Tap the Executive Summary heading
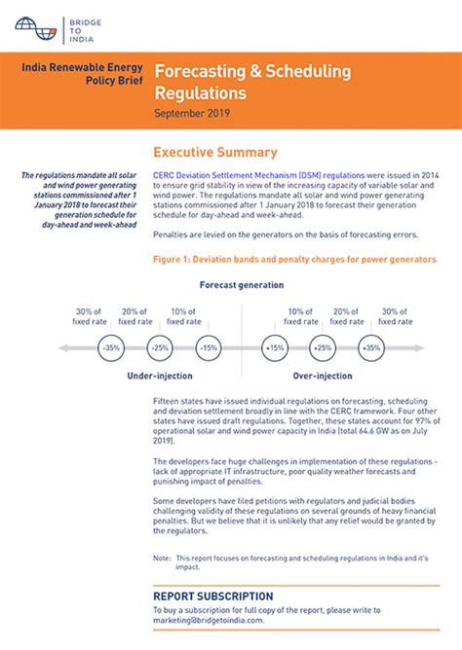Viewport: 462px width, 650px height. pos(215,153)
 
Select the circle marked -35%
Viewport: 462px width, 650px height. pos(111,347)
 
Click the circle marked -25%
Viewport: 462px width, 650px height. pos(160,347)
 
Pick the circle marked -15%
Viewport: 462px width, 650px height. pos(208,347)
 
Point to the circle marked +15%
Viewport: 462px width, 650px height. pos(275,347)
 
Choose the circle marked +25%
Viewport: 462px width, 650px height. pos(323,347)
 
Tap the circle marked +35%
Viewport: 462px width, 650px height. pos(370,347)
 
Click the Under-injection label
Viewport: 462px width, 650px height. pos(160,375)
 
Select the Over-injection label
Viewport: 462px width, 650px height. pos(323,375)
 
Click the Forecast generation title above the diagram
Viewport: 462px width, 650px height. pos(242,285)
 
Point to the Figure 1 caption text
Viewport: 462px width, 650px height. pos(292,260)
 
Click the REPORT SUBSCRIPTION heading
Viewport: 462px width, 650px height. pos(212,596)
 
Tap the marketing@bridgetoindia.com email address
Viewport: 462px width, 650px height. pos(208,620)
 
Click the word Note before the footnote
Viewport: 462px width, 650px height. pos(162,558)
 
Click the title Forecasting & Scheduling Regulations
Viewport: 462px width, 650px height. pos(251,83)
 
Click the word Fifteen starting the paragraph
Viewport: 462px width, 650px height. pos(170,401)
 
